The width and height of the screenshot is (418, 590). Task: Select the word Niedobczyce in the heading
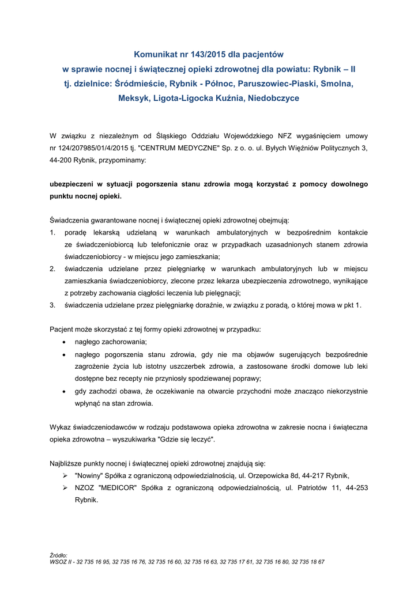click(273, 98)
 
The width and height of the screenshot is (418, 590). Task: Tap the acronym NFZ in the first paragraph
click(285, 136)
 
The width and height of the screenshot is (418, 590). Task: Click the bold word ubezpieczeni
click(73, 184)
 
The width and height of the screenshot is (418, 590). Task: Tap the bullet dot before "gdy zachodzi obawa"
click(63, 391)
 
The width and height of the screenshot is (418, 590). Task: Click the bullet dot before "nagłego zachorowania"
click(63, 342)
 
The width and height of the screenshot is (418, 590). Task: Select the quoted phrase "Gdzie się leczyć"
click(188, 439)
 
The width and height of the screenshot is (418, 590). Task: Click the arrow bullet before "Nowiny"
click(65, 475)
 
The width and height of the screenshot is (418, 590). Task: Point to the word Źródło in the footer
click(59, 555)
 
